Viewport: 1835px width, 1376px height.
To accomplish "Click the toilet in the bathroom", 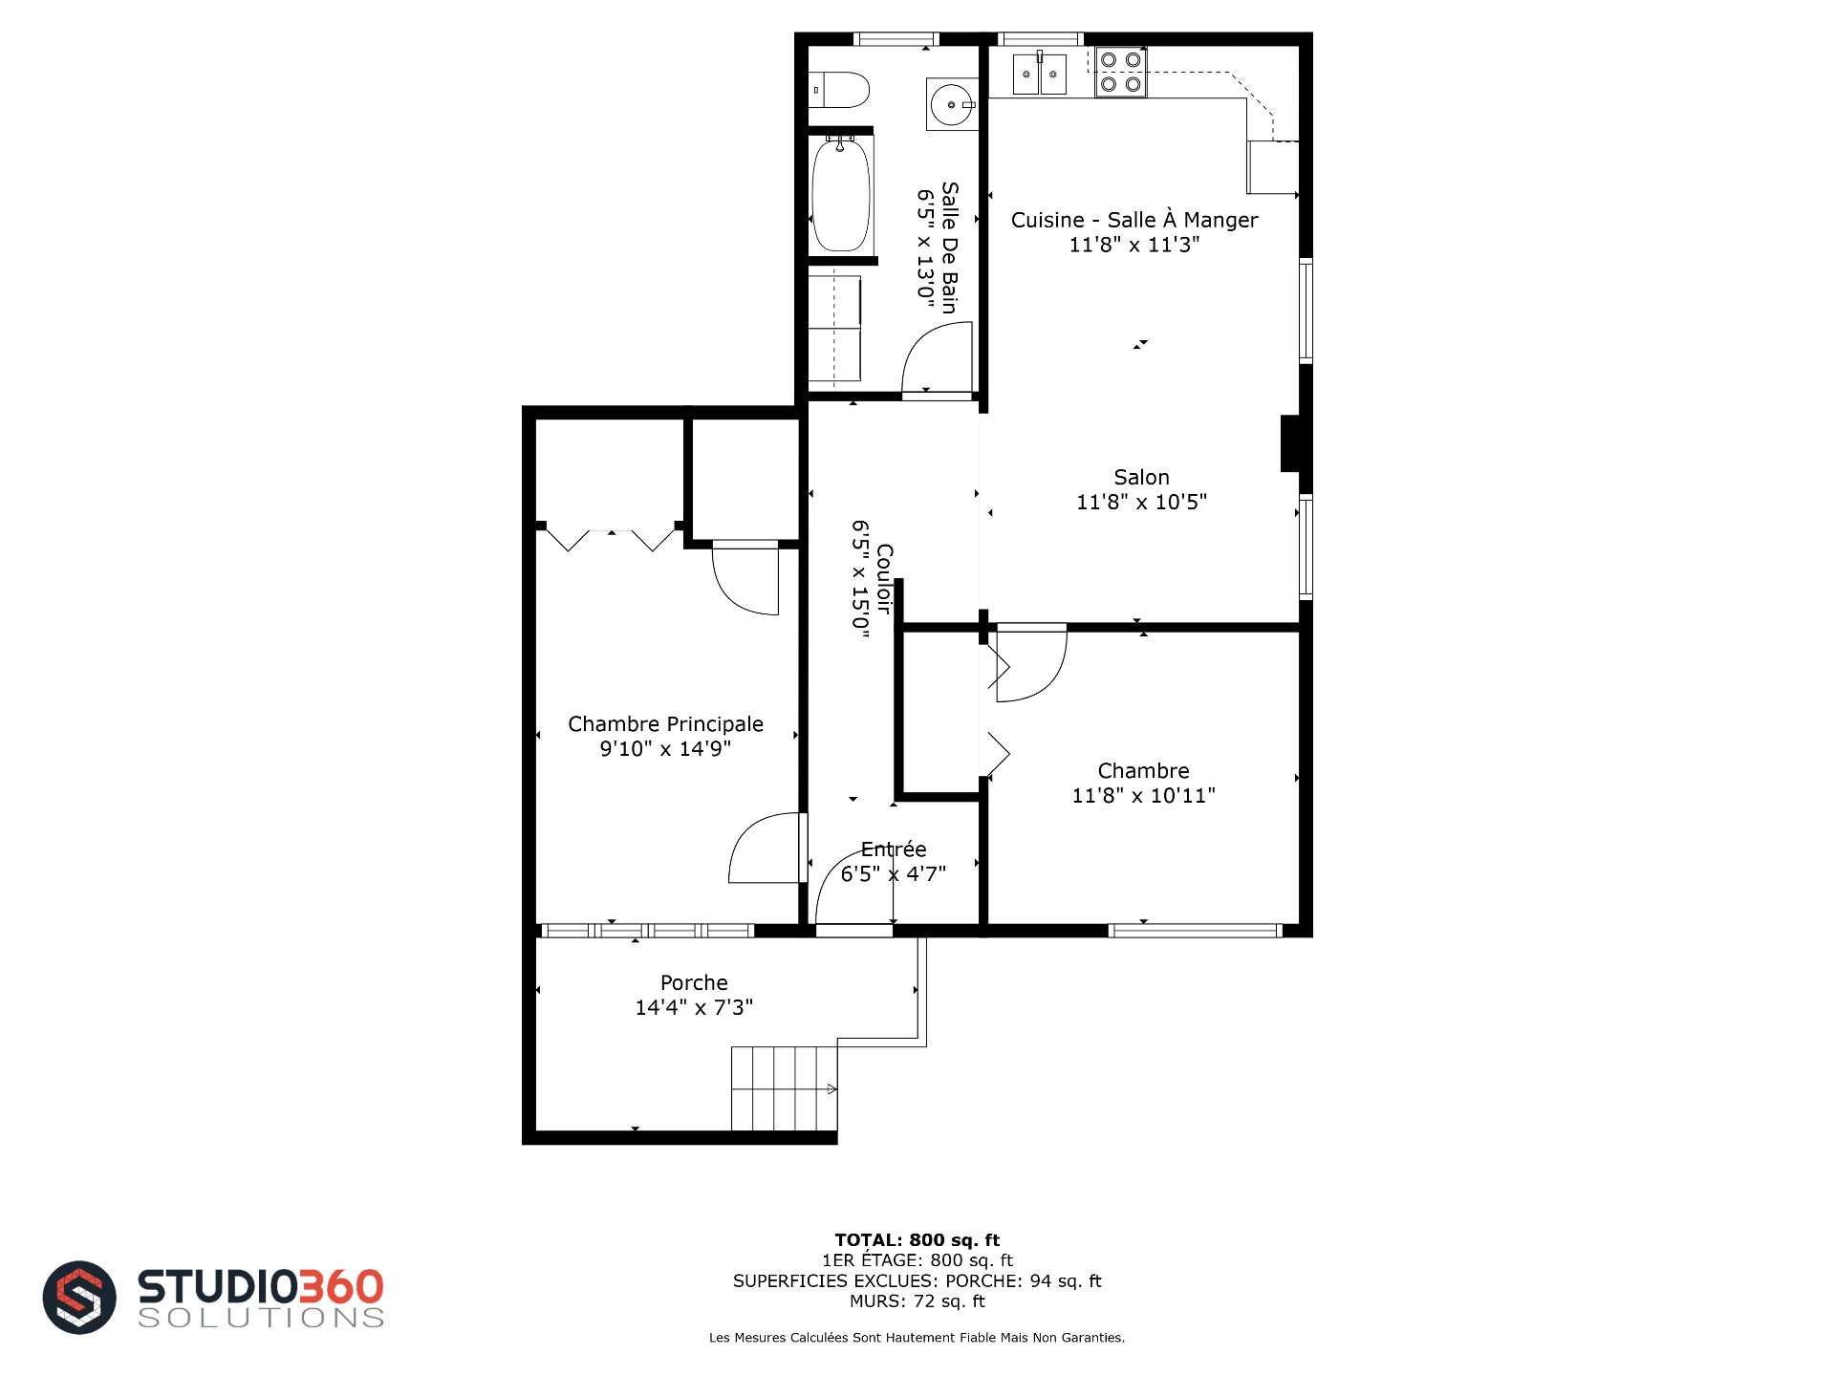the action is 840,90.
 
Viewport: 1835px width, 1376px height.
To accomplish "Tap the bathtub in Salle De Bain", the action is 841,195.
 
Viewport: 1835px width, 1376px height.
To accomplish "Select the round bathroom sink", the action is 952,103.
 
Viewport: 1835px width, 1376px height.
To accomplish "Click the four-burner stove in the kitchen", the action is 1120,72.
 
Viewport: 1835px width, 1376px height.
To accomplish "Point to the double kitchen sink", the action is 1039,74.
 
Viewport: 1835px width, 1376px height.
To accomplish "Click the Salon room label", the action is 1141,477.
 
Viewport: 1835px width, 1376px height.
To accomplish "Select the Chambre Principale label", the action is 665,724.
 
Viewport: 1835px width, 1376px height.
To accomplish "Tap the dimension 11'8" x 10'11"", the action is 1143,795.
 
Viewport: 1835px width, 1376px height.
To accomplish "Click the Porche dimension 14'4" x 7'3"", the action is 694,1007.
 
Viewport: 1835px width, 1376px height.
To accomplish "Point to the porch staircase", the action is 785,1088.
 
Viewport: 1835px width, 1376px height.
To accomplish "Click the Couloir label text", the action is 884,579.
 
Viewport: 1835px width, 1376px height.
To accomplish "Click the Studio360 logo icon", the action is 79,1298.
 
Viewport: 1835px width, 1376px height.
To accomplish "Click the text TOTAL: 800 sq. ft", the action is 917,1240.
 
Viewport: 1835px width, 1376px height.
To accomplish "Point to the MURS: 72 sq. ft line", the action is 917,1301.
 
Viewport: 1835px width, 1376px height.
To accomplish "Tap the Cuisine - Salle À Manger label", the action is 1134,220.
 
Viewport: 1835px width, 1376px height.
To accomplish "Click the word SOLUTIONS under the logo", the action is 261,1318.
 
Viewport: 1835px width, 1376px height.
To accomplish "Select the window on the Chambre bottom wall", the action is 1195,931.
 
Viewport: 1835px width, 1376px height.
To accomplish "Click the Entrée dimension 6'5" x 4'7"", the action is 894,873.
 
